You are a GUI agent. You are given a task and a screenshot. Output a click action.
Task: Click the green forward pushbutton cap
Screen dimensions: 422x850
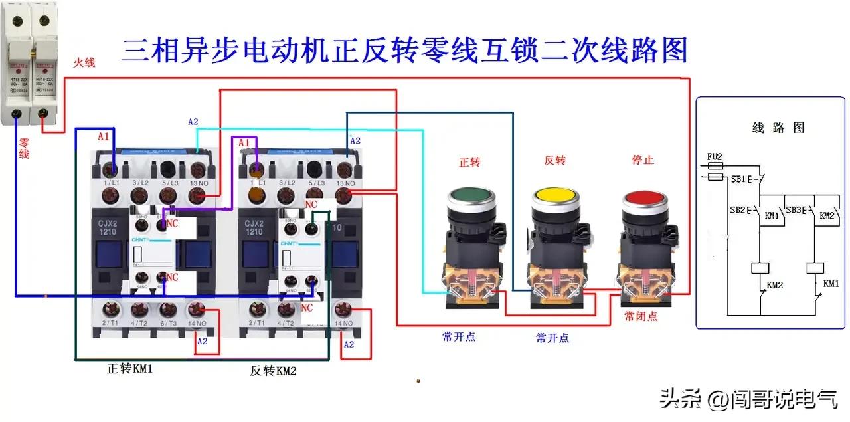(471, 197)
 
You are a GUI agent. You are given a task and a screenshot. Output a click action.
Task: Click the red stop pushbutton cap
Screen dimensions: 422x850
(642, 199)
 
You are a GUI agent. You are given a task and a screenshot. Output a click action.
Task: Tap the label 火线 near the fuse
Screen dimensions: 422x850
(84, 62)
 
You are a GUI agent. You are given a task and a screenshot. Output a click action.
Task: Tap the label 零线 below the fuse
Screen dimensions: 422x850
(24, 148)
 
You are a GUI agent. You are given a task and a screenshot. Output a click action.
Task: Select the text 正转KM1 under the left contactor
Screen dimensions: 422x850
(130, 368)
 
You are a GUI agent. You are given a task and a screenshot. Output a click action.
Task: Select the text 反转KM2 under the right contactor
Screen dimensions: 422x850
(273, 371)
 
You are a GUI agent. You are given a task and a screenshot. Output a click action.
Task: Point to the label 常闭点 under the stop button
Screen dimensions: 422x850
(641, 316)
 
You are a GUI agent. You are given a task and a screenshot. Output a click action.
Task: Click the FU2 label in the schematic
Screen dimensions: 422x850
(715, 158)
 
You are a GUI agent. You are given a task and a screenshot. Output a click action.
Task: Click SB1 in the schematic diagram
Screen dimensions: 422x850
(737, 180)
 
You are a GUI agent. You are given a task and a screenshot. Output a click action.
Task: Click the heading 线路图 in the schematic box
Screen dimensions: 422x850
(778, 128)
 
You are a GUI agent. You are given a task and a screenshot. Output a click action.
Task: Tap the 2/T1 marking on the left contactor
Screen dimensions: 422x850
(110, 322)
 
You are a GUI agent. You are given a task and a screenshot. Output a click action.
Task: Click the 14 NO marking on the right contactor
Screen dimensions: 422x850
(343, 323)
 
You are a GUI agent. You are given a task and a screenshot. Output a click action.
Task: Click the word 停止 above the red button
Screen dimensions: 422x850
(642, 160)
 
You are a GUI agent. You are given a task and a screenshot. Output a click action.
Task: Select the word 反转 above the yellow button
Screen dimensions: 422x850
(554, 160)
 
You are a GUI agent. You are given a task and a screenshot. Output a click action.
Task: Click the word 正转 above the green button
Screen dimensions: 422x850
(469, 161)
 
